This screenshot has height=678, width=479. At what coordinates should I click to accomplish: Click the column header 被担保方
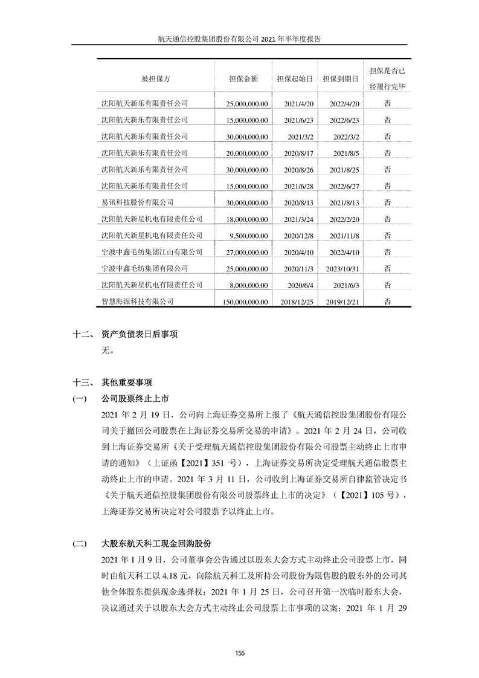pos(156,79)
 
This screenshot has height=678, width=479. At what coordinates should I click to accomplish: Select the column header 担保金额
pos(244,79)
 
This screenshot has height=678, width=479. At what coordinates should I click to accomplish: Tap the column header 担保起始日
pos(294,79)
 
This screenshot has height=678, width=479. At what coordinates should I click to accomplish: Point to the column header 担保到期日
pos(341,79)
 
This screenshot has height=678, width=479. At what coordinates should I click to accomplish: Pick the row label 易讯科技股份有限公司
pos(137,202)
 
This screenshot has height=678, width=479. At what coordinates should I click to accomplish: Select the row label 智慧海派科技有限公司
pos(137,300)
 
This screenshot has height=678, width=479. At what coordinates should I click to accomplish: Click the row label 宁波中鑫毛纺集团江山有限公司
pos(152,251)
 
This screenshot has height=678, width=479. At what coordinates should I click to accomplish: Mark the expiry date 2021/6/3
pos(347,284)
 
